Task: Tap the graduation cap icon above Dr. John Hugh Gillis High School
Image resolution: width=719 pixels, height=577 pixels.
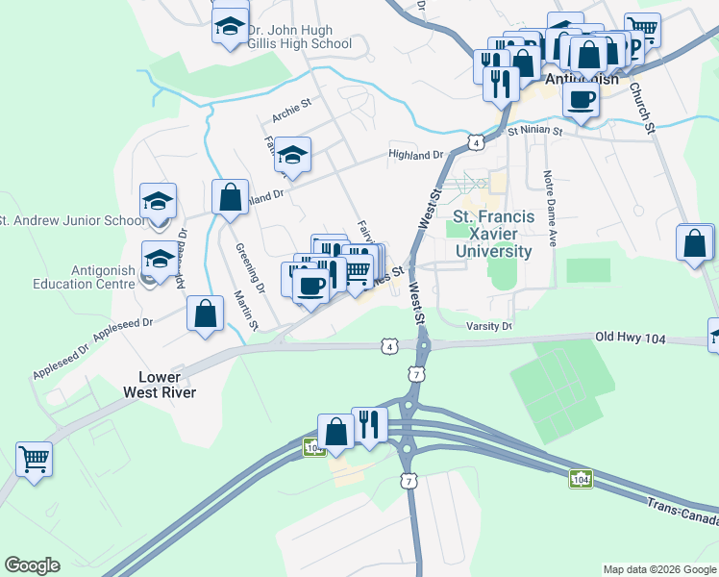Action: (230, 26)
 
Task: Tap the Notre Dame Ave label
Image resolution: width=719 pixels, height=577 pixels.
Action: (551, 209)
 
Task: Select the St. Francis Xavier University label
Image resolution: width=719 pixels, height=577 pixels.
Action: (492, 234)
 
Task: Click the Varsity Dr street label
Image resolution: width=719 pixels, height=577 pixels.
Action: (489, 326)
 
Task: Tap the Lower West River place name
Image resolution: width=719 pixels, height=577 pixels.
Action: (160, 384)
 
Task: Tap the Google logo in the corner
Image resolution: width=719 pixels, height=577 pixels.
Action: (32, 565)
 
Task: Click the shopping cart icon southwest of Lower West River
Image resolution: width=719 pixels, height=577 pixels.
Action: (34, 460)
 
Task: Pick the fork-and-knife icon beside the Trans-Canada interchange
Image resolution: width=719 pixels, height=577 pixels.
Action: (369, 423)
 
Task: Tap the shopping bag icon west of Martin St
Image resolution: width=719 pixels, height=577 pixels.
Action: (205, 314)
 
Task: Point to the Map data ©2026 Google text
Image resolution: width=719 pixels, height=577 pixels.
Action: (658, 569)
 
